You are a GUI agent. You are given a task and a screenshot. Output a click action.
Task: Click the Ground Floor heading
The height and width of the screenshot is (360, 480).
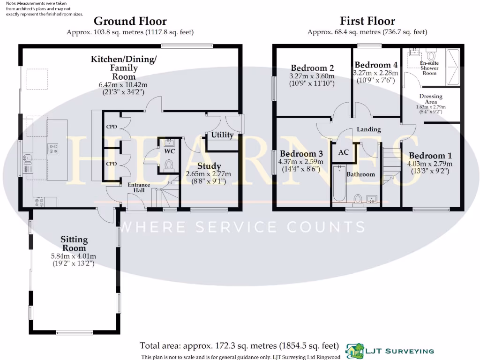point(130,21)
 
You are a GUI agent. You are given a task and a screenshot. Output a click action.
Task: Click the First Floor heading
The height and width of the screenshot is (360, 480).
point(367,21)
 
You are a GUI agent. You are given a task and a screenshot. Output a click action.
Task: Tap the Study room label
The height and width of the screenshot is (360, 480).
point(209,166)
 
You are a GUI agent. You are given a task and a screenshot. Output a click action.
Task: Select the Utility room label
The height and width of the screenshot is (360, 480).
point(222,135)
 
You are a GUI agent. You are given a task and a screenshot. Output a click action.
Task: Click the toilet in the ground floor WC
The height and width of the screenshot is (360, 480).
point(169,164)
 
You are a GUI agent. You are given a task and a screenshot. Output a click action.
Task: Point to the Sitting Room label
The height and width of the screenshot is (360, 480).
point(74,244)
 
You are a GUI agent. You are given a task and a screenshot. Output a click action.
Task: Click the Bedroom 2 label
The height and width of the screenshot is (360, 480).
point(312,67)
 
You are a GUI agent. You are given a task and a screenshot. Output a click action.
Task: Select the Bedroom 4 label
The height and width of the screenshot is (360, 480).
point(376,65)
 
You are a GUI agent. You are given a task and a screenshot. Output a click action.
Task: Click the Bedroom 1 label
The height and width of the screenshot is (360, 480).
point(430,156)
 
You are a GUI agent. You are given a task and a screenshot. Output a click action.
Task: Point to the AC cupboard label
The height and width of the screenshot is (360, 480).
point(343,152)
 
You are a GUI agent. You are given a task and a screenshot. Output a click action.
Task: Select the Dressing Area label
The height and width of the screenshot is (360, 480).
point(431,99)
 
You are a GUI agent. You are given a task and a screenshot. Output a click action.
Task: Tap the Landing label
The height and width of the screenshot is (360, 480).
point(368,129)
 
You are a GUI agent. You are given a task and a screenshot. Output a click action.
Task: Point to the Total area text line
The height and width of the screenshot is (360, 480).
point(239,346)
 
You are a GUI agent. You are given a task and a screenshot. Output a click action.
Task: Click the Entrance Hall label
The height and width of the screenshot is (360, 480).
point(139,187)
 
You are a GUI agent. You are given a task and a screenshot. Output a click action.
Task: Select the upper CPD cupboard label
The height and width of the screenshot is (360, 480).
point(112,127)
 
